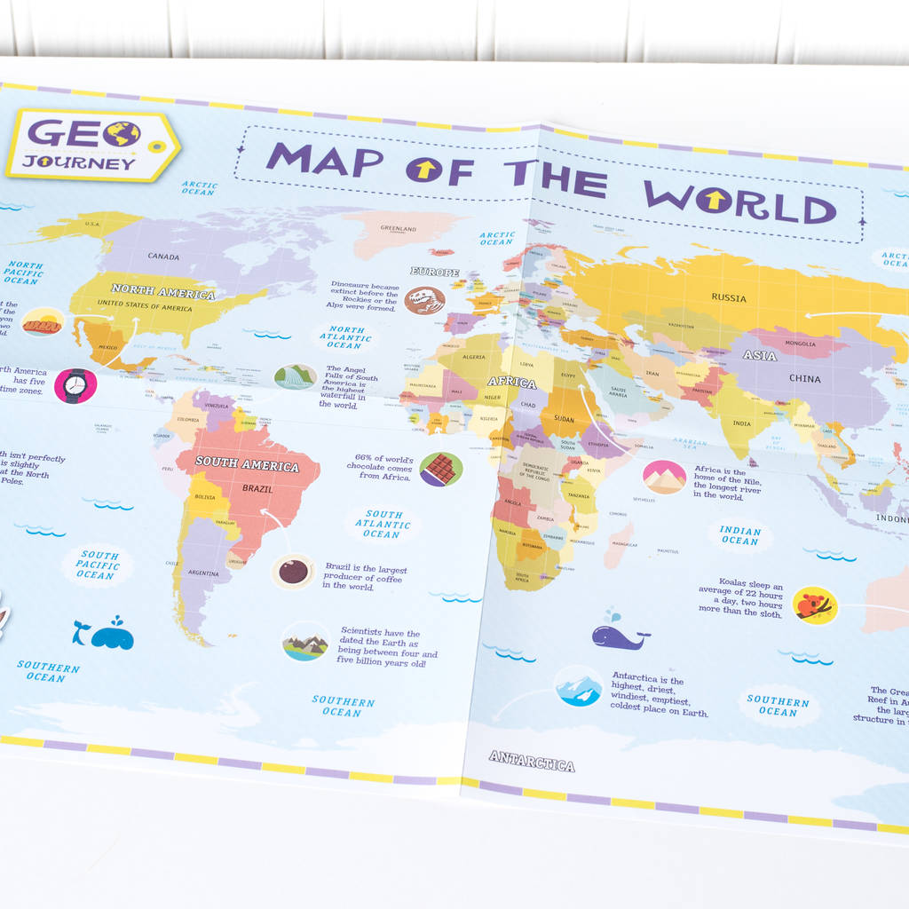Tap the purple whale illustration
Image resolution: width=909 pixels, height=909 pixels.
coord(620,634)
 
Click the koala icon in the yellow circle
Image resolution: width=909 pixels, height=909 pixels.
coord(814,605)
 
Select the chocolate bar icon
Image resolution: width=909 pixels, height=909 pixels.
coord(440,469)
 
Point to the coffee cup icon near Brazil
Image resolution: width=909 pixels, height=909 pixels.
coord(292,571)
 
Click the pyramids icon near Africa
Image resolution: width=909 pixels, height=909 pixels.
coord(664,478)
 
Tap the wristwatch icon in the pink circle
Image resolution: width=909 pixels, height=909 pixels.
coord(75,385)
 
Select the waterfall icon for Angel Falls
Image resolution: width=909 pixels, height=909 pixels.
coord(295,376)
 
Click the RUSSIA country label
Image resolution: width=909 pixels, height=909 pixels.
coord(729,298)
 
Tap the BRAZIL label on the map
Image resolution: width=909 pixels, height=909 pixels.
coord(257,489)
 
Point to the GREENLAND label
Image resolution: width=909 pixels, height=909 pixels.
coord(398,229)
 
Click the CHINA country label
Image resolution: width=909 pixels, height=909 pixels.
coord(804,379)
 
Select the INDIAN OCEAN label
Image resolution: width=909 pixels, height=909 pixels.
coord(739,535)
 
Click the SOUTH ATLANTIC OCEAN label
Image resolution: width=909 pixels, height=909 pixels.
coord(383,524)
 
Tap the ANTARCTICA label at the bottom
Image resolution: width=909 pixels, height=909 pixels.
coord(532,762)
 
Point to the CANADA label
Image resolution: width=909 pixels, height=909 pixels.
coord(162,257)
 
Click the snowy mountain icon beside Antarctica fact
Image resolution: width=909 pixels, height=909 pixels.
coord(579,686)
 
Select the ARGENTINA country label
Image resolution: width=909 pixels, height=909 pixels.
coord(203,573)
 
